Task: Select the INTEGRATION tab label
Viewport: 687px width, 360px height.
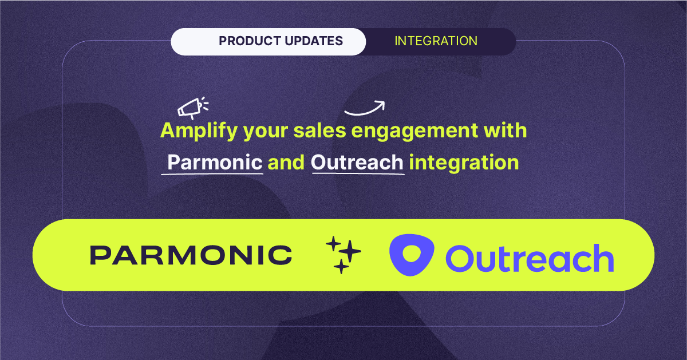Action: (x=436, y=41)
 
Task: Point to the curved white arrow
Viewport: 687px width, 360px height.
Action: (x=365, y=107)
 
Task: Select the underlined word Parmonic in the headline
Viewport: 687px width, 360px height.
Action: (x=215, y=163)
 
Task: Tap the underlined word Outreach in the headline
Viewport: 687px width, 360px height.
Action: (x=357, y=163)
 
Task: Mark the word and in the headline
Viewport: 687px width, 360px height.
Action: (x=286, y=163)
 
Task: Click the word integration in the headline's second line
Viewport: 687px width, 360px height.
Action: (x=464, y=163)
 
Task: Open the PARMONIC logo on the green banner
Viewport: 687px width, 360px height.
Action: (x=191, y=255)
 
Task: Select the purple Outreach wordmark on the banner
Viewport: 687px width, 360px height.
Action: (x=529, y=258)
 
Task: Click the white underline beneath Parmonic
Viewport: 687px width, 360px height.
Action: (x=212, y=173)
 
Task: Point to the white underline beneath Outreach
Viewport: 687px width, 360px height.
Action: (x=357, y=173)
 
